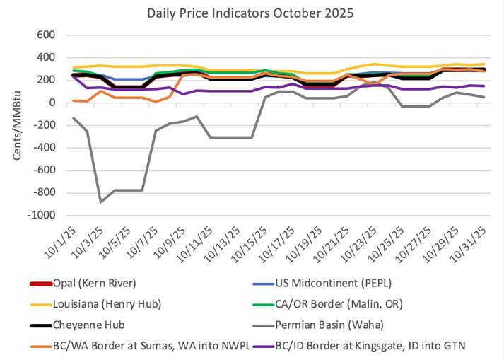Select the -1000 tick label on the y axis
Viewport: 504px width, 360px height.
pos(42,216)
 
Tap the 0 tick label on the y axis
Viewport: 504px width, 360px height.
pos(52,103)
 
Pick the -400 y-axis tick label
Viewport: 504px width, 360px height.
pos(44,148)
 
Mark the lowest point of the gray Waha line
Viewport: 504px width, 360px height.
pos(100,202)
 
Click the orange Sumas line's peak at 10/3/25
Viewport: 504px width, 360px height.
pos(100,91)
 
